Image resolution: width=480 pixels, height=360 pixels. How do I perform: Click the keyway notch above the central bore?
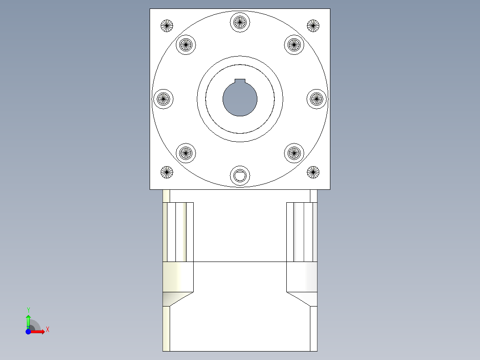click(x=240, y=81)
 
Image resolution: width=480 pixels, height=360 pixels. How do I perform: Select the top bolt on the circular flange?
click(x=240, y=21)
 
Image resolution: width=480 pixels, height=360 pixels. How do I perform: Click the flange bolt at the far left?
click(x=163, y=98)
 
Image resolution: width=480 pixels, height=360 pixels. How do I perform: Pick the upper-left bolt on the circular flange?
click(x=186, y=44)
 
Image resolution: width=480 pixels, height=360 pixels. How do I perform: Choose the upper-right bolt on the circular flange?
click(x=293, y=44)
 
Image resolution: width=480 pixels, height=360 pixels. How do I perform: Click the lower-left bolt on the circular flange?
click(x=186, y=153)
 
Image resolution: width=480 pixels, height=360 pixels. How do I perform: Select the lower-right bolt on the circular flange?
click(x=293, y=153)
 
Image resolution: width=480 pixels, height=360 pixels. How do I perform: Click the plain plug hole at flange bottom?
click(x=240, y=176)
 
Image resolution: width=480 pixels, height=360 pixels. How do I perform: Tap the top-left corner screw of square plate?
click(x=167, y=26)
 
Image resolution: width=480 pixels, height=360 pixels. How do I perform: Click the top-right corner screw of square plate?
click(x=313, y=26)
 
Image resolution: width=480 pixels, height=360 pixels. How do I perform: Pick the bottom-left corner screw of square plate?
click(x=167, y=172)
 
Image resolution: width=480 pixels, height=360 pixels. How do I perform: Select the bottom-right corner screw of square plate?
click(x=313, y=172)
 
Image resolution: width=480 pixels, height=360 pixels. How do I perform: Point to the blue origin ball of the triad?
click(x=28, y=331)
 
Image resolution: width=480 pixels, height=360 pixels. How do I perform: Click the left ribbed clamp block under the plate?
click(x=178, y=232)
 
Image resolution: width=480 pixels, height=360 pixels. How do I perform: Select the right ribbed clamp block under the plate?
click(x=301, y=232)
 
